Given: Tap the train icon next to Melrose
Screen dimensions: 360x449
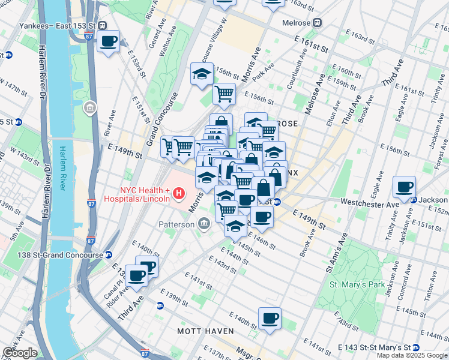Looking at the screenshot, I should [x=318, y=23].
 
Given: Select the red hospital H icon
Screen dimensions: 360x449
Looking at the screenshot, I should [x=178, y=193].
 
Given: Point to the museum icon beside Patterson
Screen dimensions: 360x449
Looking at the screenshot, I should [x=203, y=224].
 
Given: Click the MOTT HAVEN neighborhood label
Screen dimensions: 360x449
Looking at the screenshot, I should [x=200, y=331].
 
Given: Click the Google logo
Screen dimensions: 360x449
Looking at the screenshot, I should [x=19, y=353].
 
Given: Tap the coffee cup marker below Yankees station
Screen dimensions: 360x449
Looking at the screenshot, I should [x=108, y=41].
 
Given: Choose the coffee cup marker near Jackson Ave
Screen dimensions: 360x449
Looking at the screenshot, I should [x=405, y=187].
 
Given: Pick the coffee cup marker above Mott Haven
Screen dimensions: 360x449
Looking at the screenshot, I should [x=270, y=317].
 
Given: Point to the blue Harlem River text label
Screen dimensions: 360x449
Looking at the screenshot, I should [x=63, y=168].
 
